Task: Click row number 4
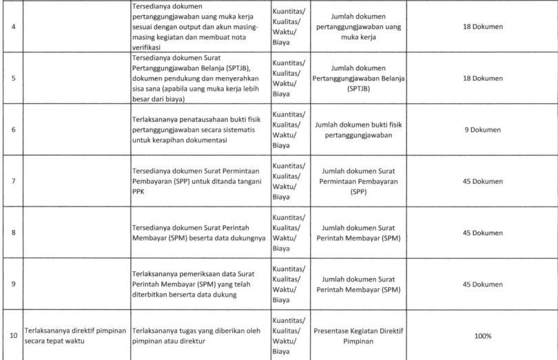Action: (12, 27)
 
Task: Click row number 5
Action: (12, 78)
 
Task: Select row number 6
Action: (12, 129)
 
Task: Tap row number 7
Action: (12, 181)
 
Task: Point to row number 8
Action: (12, 233)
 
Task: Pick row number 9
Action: (12, 284)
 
